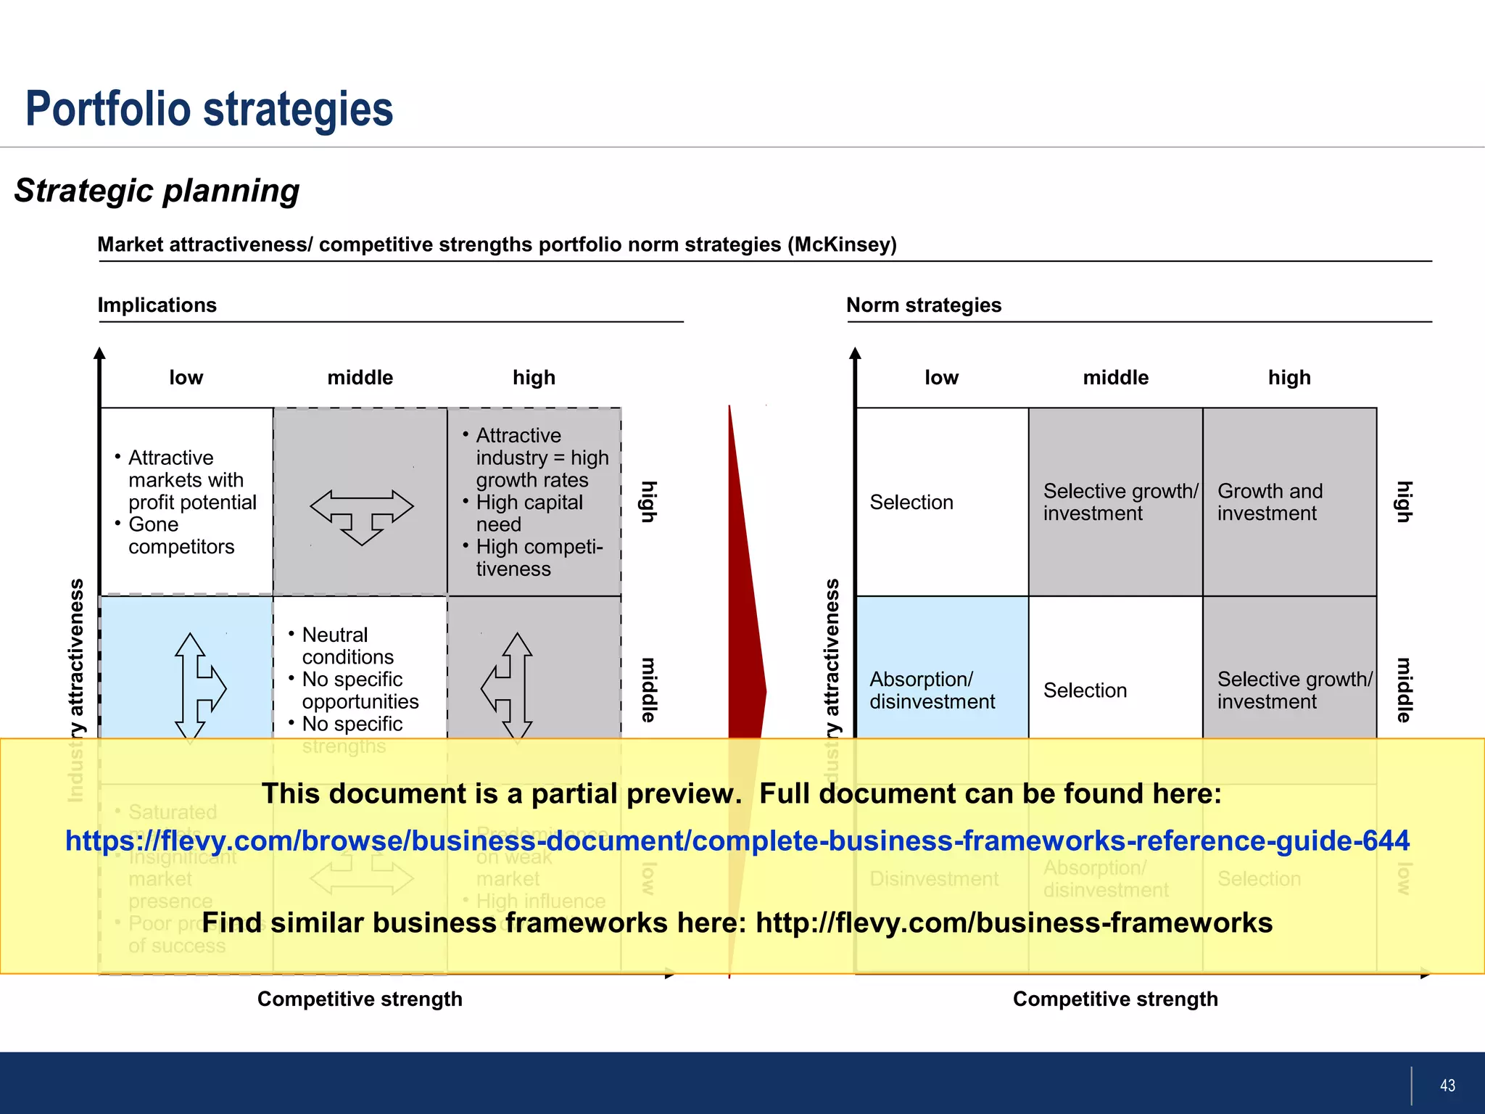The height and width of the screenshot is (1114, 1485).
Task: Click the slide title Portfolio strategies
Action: click(209, 109)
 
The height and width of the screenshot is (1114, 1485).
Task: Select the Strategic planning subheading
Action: click(157, 191)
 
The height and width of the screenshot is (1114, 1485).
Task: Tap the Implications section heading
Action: click(157, 305)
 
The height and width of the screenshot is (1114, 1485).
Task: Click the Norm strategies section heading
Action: click(923, 305)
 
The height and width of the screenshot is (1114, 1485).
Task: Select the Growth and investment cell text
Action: click(1270, 502)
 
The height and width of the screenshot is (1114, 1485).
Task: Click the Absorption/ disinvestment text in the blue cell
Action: click(932, 690)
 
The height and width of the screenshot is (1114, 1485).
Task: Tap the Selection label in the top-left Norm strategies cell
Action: click(911, 502)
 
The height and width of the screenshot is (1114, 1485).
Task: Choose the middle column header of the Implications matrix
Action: click(360, 378)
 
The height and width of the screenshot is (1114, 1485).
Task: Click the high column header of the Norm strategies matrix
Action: click(1288, 378)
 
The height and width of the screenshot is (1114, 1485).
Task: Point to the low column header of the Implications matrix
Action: click(186, 378)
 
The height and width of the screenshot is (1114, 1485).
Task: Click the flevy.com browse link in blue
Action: click(737, 841)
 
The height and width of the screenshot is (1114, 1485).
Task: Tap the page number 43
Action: click(1447, 1086)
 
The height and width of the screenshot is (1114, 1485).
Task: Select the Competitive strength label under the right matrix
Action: click(1114, 999)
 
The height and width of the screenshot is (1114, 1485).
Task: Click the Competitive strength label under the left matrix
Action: click(360, 999)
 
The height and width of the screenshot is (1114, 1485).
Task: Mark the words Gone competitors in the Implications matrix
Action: click(181, 535)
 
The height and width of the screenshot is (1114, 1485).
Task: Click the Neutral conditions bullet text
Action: click(347, 645)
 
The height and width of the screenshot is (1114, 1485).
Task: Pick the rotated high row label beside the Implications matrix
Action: click(648, 501)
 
